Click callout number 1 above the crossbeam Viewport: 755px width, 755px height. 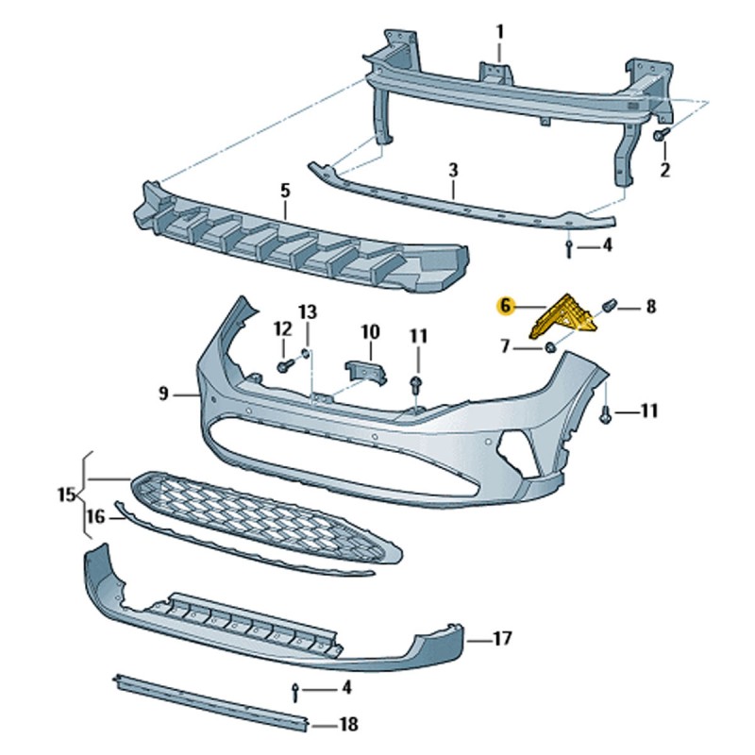[x=500, y=31]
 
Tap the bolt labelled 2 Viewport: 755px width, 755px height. [x=662, y=137]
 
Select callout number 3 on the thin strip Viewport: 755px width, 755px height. [x=453, y=170]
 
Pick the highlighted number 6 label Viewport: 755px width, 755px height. [x=506, y=306]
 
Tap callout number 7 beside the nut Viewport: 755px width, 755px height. [x=507, y=348]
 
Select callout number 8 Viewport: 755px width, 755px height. [x=650, y=306]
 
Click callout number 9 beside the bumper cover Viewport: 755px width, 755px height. [x=162, y=394]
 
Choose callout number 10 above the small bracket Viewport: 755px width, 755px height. [x=369, y=332]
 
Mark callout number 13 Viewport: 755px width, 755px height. [x=309, y=311]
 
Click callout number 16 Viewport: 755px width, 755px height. [x=95, y=515]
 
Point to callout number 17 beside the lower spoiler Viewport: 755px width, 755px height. [x=502, y=640]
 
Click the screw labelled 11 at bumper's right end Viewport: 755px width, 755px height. [x=605, y=412]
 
